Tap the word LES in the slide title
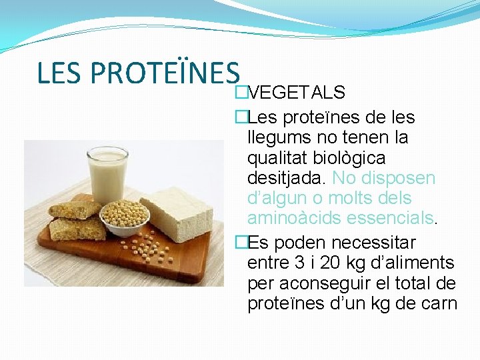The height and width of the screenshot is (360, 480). pos(61,73)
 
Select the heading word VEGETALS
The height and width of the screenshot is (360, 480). pos(296,92)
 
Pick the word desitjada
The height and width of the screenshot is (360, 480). pos(287,178)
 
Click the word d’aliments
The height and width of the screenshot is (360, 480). pos(417,263)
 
